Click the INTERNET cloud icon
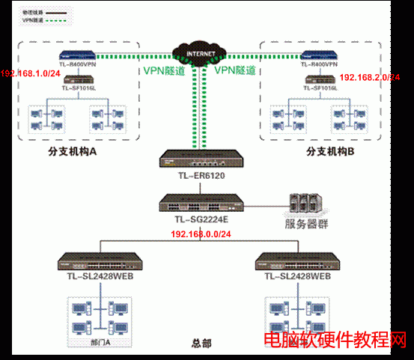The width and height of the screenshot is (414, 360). coord(201,54)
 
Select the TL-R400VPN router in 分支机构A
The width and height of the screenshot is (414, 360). coord(79,55)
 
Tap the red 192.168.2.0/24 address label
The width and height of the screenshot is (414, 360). coord(370,77)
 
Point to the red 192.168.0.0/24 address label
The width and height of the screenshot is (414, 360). coord(201,234)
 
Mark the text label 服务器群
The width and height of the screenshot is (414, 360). coord(305,224)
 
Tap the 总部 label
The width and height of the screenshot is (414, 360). coord(201,344)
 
